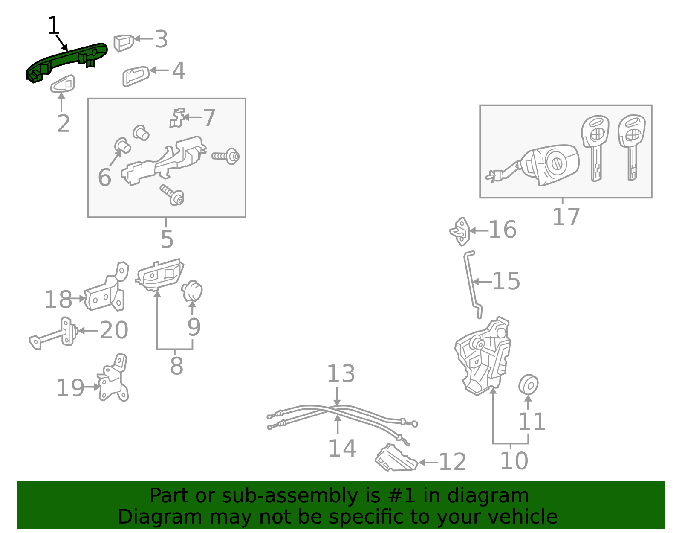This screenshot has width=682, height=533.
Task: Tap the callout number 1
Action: pyautogui.click(x=53, y=25)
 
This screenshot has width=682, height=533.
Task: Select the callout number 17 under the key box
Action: pyautogui.click(x=566, y=217)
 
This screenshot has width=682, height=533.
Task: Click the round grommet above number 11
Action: pyautogui.click(x=529, y=384)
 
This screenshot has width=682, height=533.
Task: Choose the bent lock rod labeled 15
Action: pyautogui.click(x=472, y=284)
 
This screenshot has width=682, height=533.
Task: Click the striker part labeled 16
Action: pyautogui.click(x=460, y=231)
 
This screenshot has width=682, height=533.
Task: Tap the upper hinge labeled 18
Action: pyautogui.click(x=107, y=287)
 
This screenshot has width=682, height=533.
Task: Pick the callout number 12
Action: pyautogui.click(x=452, y=462)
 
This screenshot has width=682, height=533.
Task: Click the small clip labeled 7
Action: pyautogui.click(x=177, y=118)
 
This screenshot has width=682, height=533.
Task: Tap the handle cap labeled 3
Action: pyautogui.click(x=124, y=43)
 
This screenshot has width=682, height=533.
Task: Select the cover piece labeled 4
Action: pyautogui.click(x=136, y=76)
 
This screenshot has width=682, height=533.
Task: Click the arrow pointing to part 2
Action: pyautogui.click(x=61, y=102)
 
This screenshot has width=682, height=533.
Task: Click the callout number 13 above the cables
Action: pyautogui.click(x=341, y=374)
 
